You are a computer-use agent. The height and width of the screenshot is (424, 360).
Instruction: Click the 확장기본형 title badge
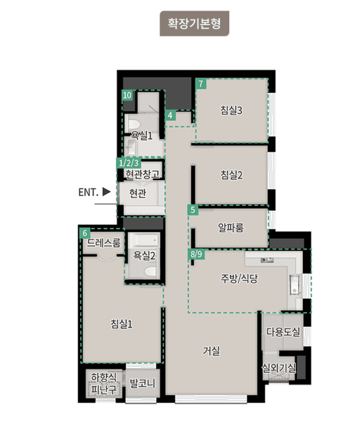pyautogui.click(x=194, y=23)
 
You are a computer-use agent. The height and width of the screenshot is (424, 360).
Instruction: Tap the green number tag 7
pyautogui.click(x=200, y=84)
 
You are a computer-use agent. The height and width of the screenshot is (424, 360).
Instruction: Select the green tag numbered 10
pyautogui.click(x=127, y=95)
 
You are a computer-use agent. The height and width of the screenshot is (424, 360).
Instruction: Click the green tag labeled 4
pyautogui.click(x=170, y=115)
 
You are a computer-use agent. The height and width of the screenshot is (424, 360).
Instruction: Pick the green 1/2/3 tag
pyautogui.click(x=129, y=163)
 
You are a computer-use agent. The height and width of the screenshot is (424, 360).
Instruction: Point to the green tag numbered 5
pyautogui.click(x=193, y=210)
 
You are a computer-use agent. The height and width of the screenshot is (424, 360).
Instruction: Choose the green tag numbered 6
pyautogui.click(x=85, y=233)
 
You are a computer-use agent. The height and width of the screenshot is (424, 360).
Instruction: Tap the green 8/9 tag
pyautogui.click(x=196, y=254)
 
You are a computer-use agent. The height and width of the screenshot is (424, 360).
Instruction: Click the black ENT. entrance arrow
pyautogui.click(x=107, y=192)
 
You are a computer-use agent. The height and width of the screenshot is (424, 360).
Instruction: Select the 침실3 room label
pyautogui.click(x=231, y=110)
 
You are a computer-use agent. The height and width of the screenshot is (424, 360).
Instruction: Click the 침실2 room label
pyautogui.click(x=231, y=174)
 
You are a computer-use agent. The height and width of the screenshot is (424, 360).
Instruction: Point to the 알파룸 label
pyautogui.click(x=231, y=227)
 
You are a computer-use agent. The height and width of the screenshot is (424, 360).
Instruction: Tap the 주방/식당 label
pyautogui.click(x=239, y=278)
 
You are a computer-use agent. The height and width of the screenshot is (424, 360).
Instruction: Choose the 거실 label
pyautogui.click(x=211, y=351)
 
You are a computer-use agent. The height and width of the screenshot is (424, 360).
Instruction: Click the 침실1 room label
pyautogui.click(x=122, y=323)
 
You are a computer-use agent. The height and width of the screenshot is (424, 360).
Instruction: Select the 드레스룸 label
pyautogui.click(x=103, y=243)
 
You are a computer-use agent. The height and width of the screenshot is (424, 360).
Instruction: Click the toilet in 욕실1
pyautogui.click(x=134, y=124)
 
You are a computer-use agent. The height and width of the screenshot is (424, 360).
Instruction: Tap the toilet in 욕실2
pyautogui.click(x=150, y=271)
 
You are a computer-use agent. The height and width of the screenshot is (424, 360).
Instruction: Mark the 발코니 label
pyautogui.click(x=143, y=383)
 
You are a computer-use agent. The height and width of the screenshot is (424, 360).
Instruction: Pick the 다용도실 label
pyautogui.click(x=283, y=331)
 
